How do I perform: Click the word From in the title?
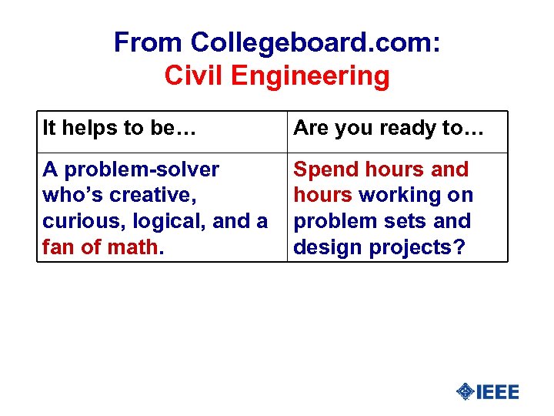(149, 42)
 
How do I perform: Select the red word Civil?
(194, 76)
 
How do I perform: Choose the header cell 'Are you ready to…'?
(389, 128)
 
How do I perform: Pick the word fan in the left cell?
(58, 247)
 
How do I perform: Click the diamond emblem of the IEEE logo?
(466, 392)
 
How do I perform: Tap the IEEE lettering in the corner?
(498, 392)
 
